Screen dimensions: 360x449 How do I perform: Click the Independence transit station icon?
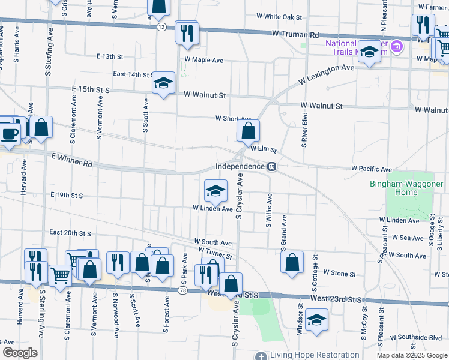271,166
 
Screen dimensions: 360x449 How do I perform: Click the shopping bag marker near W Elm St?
248,131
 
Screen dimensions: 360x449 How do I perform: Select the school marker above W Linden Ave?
216,191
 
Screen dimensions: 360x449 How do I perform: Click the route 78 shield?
182,290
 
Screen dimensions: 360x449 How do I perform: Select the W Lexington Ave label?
327,76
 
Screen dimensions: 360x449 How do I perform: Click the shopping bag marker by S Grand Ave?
292,263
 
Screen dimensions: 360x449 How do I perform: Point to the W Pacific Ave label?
371,169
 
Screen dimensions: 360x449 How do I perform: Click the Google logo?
19,353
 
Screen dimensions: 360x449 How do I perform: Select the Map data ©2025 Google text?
411,355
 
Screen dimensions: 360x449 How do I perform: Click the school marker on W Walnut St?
163,83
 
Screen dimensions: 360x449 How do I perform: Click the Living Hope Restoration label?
309,355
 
